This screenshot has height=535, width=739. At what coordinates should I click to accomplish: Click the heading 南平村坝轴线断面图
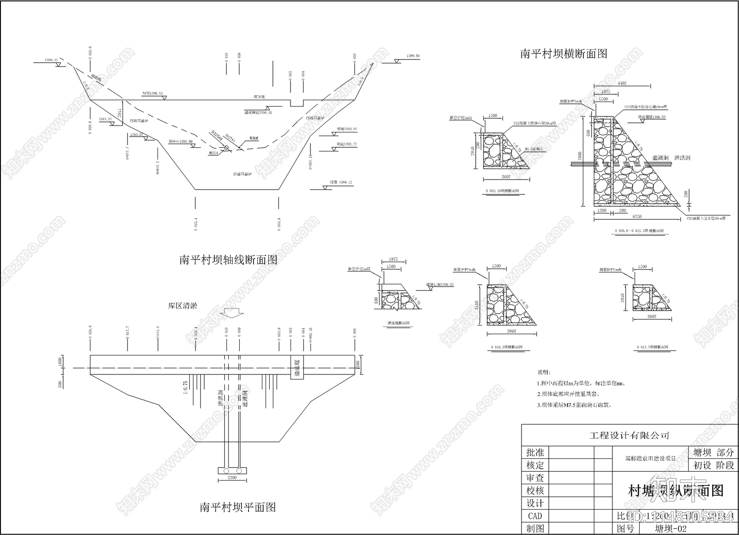[228, 260]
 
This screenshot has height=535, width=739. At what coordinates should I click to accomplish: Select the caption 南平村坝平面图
[237, 507]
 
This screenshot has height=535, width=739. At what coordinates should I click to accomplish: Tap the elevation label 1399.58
[413, 56]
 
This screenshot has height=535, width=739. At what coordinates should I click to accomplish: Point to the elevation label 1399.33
[51, 60]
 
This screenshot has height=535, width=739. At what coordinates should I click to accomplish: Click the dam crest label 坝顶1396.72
[152, 93]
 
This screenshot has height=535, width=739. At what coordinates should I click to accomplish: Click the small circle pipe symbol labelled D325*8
[227, 148]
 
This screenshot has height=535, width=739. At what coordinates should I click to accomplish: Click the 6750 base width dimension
[636, 216]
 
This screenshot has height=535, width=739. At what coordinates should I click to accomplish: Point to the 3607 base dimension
[506, 177]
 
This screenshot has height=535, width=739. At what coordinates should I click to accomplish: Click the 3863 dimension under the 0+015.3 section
[511, 331]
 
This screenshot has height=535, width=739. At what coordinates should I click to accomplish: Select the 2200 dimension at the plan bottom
[232, 477]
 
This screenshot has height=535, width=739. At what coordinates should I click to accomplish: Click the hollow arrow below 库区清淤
[231, 313]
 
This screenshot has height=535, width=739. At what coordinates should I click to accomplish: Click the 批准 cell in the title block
[535, 452]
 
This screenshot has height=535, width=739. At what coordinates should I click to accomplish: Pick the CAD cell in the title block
[535, 516]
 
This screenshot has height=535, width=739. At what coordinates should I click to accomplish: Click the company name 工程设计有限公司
[629, 435]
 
